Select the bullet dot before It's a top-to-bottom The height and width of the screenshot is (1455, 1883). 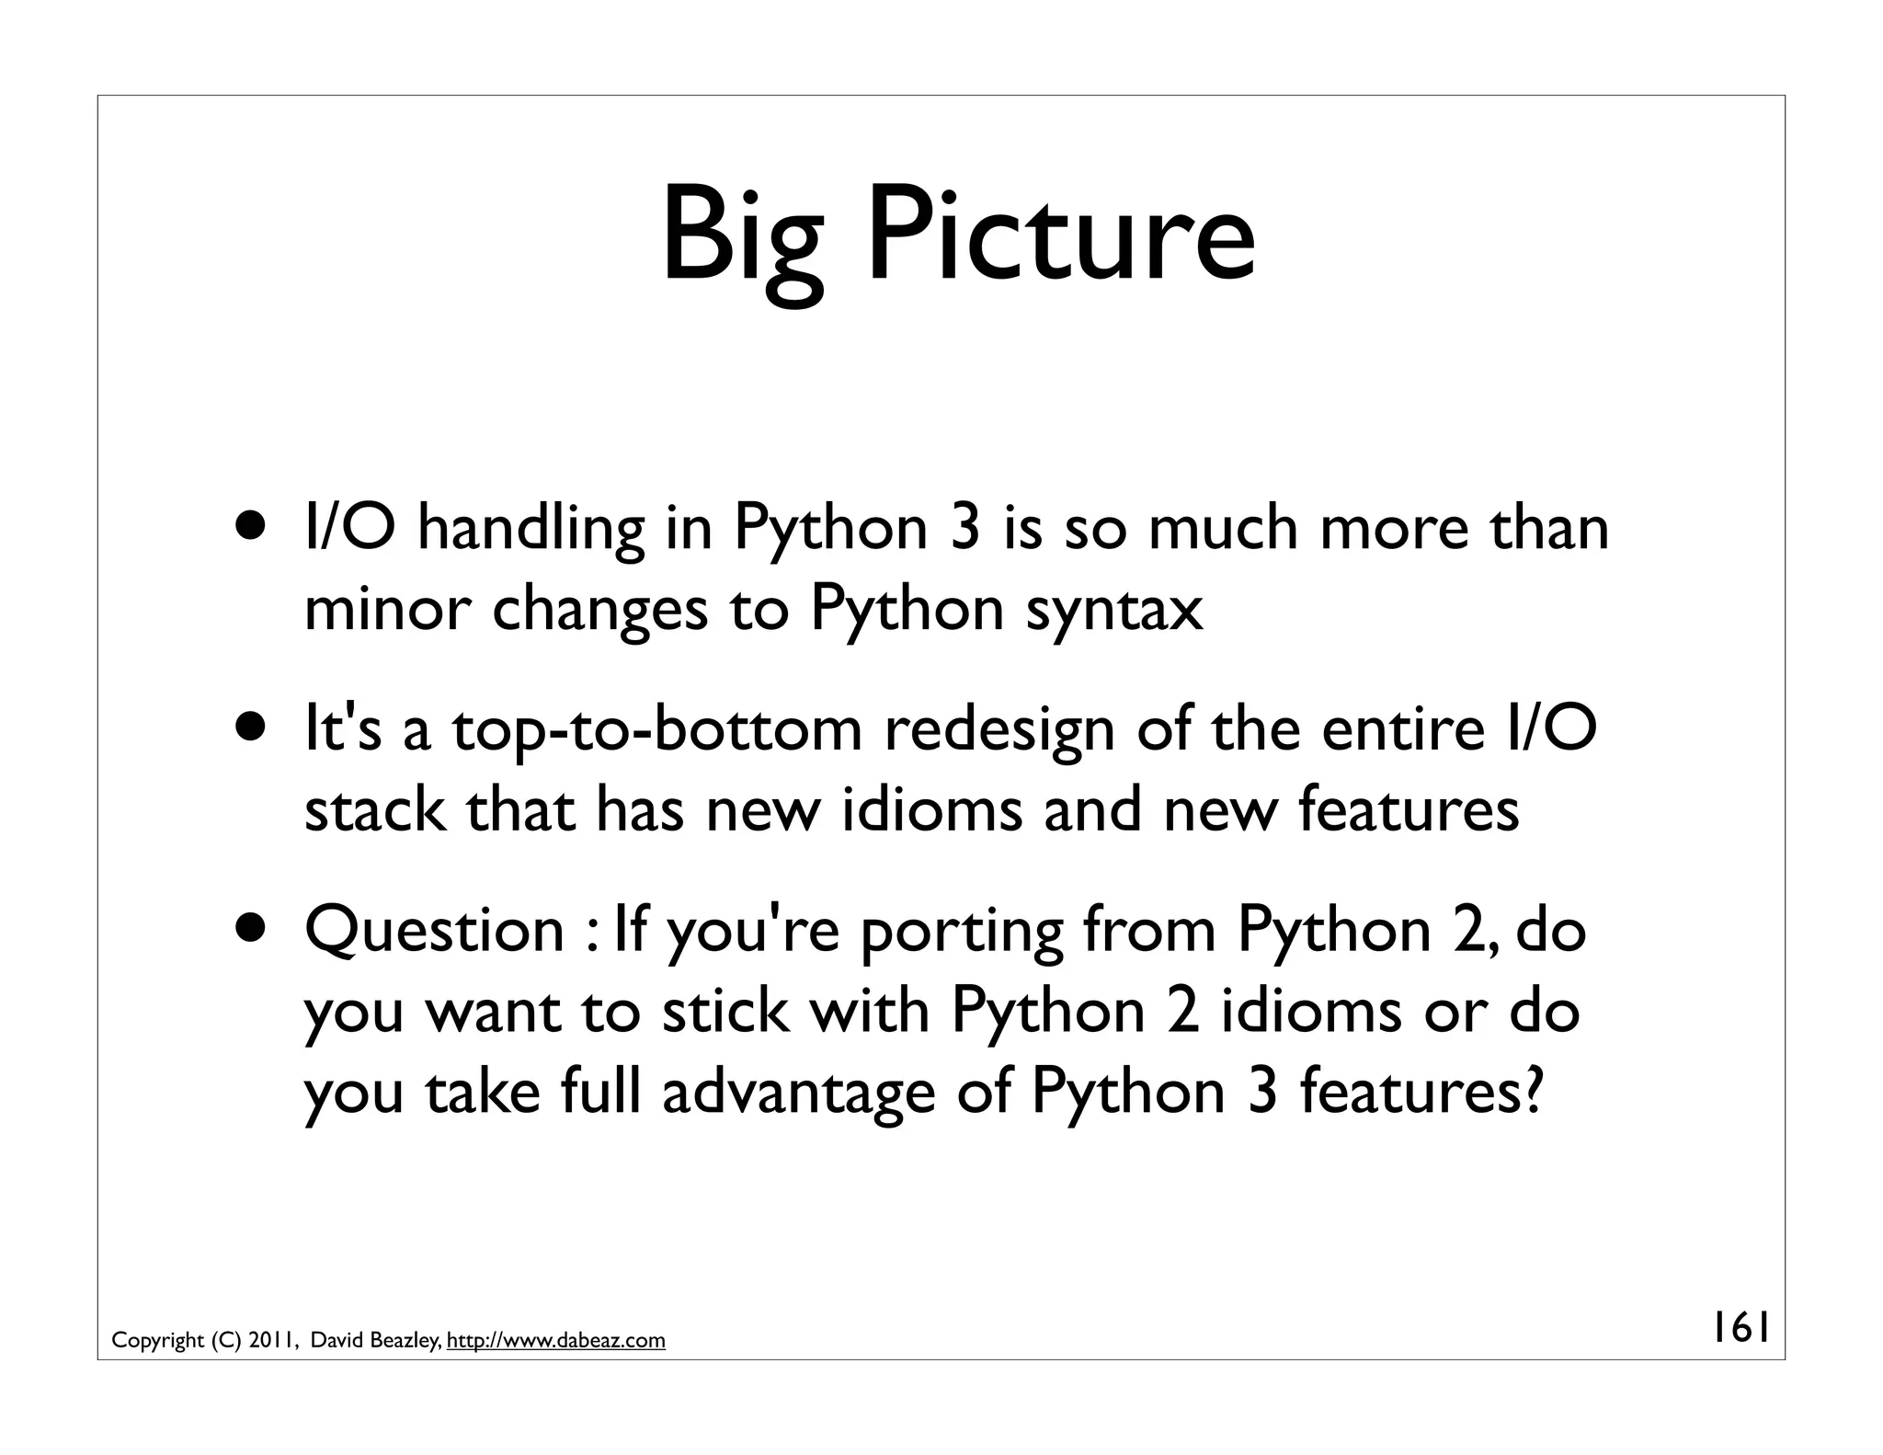coord(252,730)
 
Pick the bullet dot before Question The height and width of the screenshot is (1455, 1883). coord(252,931)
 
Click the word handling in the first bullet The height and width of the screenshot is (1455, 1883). coord(531,531)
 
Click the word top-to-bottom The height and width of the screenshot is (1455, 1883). coord(656,732)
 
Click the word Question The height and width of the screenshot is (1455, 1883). coord(434,933)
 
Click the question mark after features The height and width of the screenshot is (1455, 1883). coord(1530,1092)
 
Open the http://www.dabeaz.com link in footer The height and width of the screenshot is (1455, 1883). coord(555,1340)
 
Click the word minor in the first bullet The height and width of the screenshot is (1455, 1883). coord(386,611)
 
